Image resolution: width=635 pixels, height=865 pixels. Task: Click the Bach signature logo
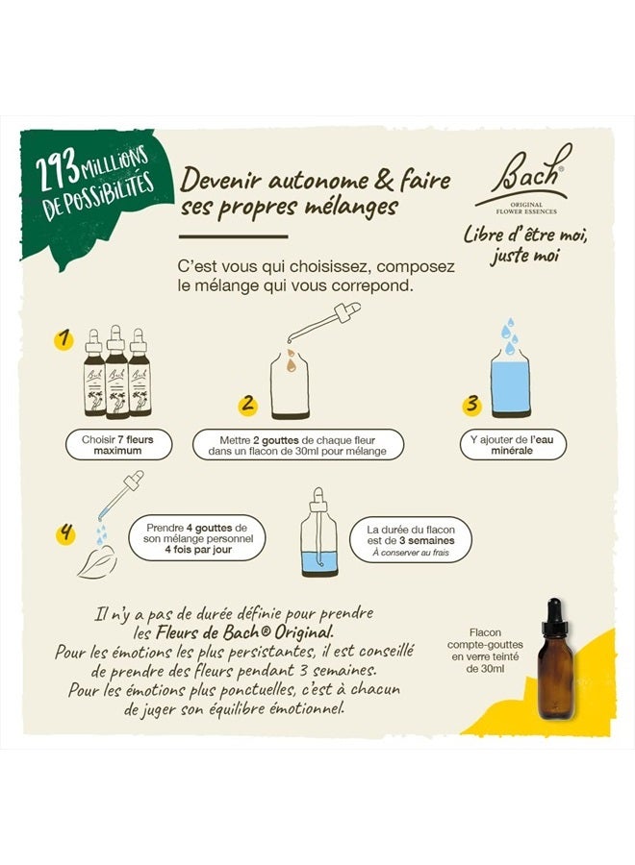[523, 176]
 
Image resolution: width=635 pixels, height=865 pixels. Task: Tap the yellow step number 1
[64, 338]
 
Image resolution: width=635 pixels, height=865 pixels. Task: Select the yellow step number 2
[248, 404]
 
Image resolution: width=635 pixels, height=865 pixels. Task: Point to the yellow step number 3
[471, 405]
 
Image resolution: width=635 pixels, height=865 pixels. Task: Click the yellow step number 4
[65, 532]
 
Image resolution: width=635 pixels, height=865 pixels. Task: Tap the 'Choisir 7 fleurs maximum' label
[118, 445]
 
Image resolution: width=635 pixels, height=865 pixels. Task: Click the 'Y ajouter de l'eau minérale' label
[513, 445]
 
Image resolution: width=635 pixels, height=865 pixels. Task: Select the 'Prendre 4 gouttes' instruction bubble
[197, 538]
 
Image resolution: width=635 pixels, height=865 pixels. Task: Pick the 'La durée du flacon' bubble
[411, 540]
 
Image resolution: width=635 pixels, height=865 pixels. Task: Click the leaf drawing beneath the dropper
[98, 562]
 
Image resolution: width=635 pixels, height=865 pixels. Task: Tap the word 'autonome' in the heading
[315, 181]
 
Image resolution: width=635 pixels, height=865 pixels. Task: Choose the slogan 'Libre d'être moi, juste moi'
[525, 245]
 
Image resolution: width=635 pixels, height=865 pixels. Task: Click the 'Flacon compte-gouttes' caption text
[485, 651]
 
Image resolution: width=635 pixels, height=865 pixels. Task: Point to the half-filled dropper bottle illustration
[319, 532]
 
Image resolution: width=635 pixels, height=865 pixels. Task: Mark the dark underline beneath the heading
[234, 236]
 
